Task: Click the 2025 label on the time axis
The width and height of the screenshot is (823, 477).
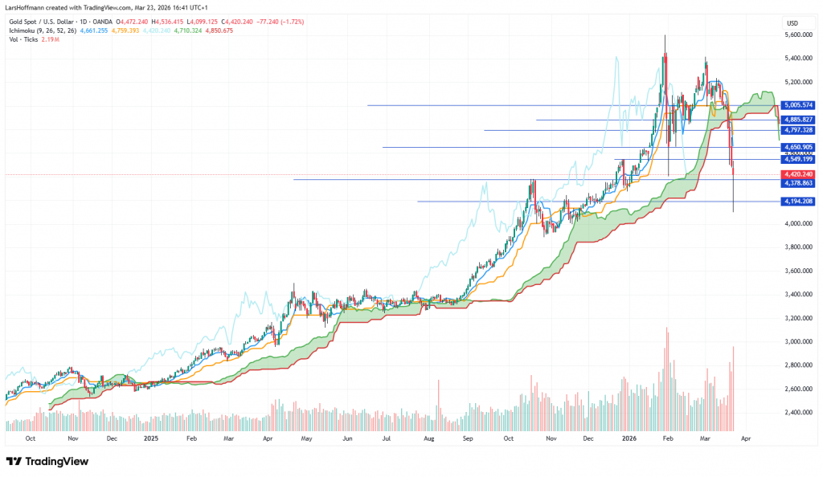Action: tap(152, 439)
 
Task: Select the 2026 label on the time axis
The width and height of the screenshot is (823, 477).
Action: tap(628, 439)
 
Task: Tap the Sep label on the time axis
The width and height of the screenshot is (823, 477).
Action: tap(467, 439)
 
